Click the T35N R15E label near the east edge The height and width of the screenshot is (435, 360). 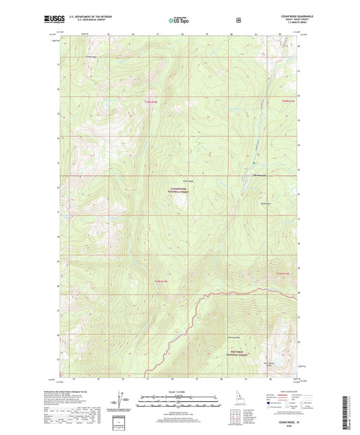[288, 101]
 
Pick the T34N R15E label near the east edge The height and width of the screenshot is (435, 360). [282, 274]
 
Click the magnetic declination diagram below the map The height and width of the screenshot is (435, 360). [124, 399]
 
